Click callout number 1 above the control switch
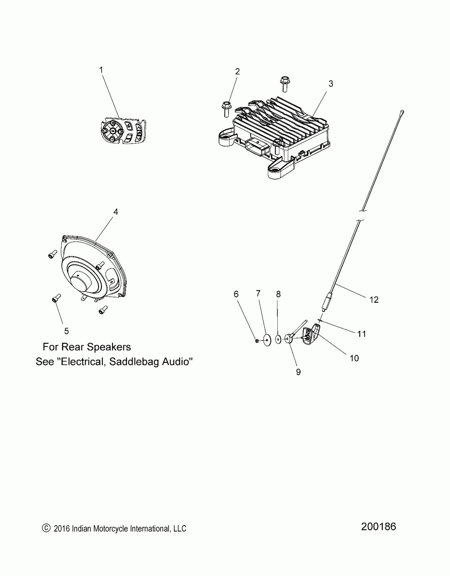click(101, 70)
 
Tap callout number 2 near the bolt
click(237, 72)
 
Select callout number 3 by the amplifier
click(331, 84)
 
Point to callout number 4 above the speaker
click(116, 212)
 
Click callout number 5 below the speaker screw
click(66, 331)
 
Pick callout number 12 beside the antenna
click(374, 300)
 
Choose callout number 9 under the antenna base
click(298, 372)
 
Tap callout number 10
click(354, 358)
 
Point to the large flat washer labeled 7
click(267, 340)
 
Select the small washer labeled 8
click(278, 339)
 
